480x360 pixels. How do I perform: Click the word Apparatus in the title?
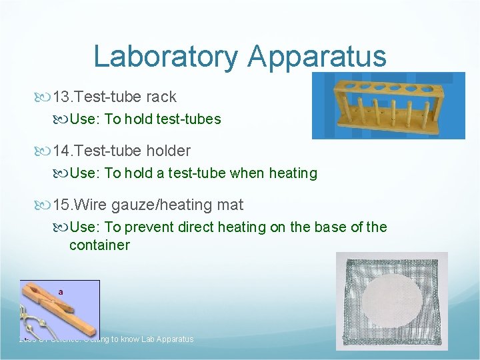(317, 57)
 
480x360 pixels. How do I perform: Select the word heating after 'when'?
(293, 173)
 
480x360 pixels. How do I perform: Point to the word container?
(99, 245)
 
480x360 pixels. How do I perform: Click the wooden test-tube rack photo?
(389, 105)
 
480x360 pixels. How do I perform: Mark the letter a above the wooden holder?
(61, 291)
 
